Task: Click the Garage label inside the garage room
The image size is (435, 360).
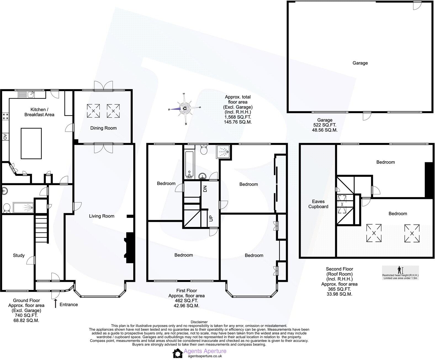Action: [360, 63]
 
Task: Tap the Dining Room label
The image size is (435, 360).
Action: [103, 128]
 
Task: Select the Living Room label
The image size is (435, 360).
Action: [102, 216]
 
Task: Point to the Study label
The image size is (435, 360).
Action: [19, 255]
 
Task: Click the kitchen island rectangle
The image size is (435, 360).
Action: [31, 143]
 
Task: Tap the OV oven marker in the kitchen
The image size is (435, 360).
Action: [5, 136]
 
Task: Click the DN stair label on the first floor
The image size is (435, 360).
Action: [205, 189]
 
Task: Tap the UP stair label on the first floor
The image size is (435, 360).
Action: [211, 218]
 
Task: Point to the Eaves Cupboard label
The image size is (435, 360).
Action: [318, 204]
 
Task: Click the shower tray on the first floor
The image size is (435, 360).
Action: [223, 151]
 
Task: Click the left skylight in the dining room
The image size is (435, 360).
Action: [93, 111]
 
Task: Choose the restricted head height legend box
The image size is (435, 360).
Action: [400, 273]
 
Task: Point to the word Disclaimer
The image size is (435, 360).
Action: [199, 322]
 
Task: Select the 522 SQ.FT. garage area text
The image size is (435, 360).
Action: [325, 125]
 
